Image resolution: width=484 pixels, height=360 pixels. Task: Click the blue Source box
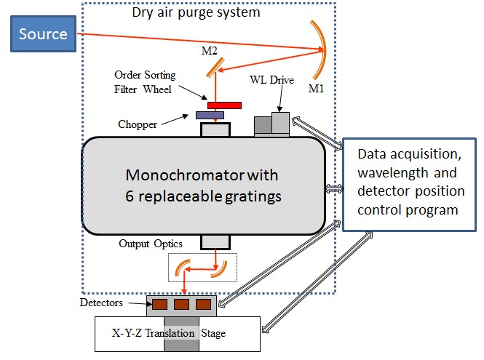click(43, 34)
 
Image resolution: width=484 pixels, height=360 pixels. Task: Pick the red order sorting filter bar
click(224, 105)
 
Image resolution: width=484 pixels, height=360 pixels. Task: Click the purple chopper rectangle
click(210, 115)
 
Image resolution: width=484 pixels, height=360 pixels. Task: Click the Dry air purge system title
click(196, 12)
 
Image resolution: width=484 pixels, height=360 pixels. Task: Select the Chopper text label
click(138, 124)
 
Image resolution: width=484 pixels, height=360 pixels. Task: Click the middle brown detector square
click(181, 303)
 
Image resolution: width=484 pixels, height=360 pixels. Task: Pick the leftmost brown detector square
click(159, 303)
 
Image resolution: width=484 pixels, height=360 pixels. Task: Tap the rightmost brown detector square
click(203, 303)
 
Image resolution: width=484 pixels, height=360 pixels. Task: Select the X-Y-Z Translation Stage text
click(167, 333)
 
